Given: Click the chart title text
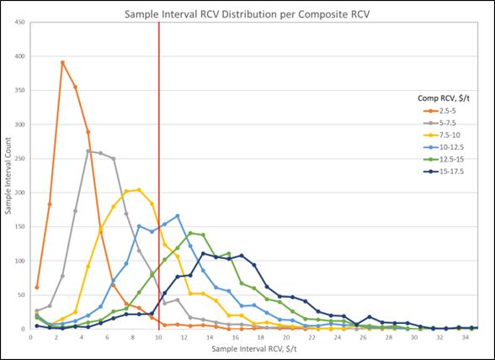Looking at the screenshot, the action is pos(247,14).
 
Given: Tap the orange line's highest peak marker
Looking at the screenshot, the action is pos(62,62).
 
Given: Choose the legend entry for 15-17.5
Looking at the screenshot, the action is pos(443,172).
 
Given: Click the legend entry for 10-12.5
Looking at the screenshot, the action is pos(443,147).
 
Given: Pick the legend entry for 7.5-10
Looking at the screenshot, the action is pos(442,135).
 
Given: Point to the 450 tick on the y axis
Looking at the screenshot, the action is pos(19,23).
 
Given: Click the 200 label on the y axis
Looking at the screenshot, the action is pos(19,193).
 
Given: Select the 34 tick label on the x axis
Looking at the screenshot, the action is pos(465,337).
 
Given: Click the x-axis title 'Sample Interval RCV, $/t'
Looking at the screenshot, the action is pos(254,349).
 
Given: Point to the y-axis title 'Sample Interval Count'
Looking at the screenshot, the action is pos(8,176).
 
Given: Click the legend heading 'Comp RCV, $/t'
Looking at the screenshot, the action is pos(444,98).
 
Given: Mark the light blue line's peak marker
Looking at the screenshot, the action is pos(178,216).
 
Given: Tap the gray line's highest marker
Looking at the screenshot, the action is pos(88,151).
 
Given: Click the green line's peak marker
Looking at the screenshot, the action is pos(190,233).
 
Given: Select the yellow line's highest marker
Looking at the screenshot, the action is pos(139,190).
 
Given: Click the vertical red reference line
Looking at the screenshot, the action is pos(159,176).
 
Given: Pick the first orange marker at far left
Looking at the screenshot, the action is pos(37,288).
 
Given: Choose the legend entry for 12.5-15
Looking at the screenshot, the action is pos(443,159).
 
